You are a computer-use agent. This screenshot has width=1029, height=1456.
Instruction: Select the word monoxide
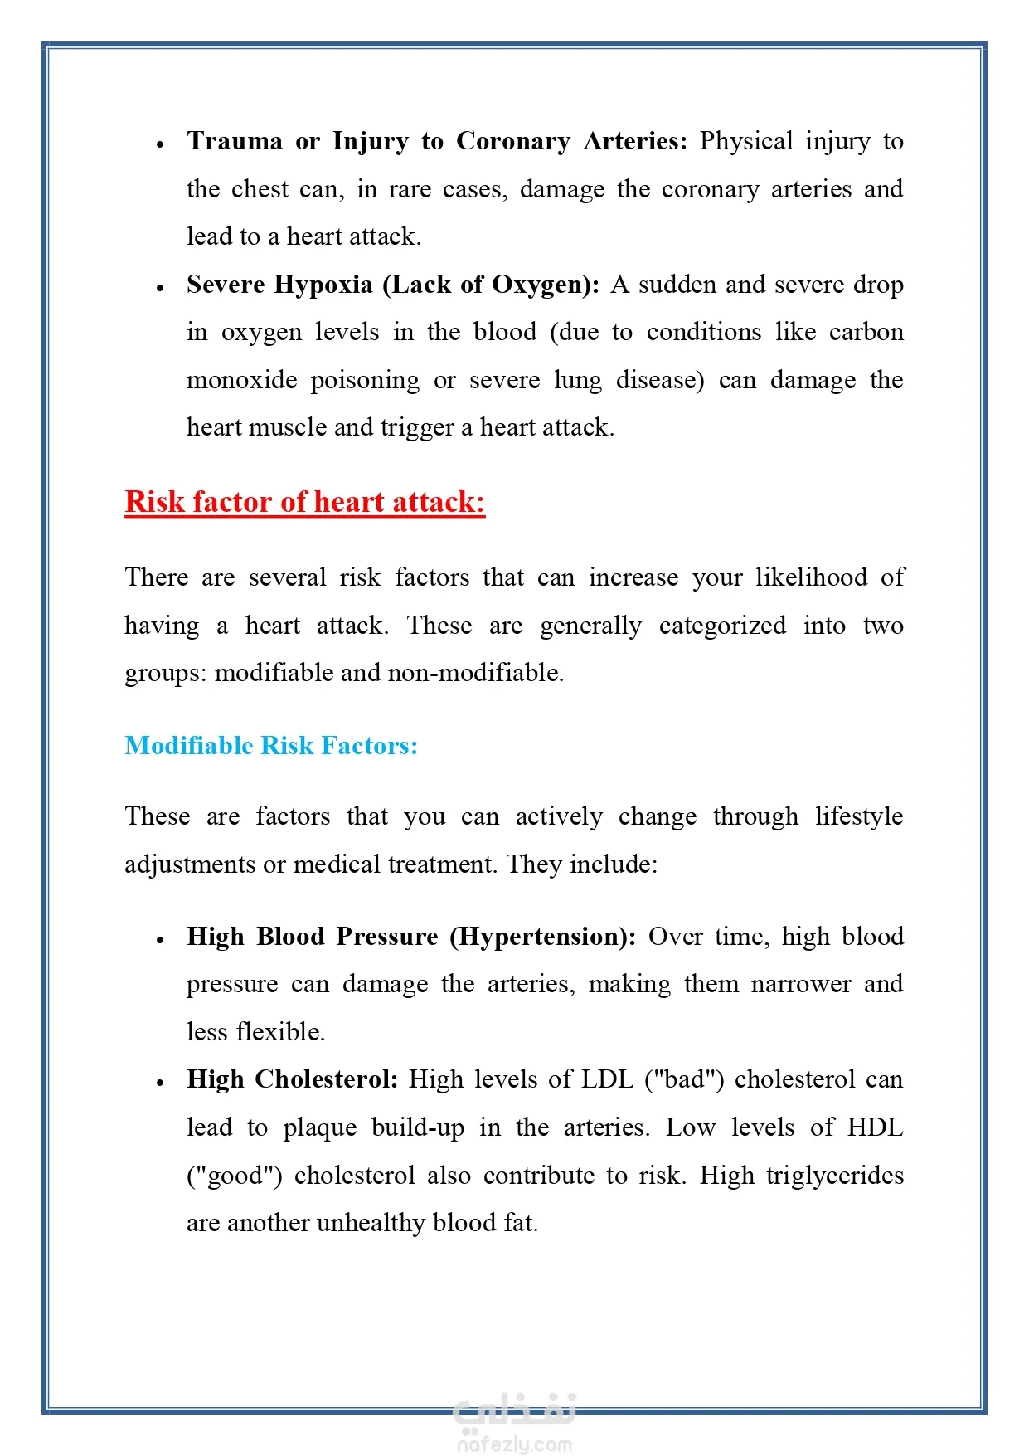point(241,380)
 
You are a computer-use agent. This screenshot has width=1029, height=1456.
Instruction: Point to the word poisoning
point(365,380)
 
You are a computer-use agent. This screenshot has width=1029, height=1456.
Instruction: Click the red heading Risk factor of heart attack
point(304,503)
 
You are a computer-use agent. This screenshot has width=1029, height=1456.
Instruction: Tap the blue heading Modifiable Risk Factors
point(270,746)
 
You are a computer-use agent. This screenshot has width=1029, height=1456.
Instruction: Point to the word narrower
point(800,984)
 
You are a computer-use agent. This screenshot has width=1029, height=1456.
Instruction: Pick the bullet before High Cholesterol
point(160,1083)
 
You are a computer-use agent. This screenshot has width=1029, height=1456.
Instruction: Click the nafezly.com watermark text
point(514,1444)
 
